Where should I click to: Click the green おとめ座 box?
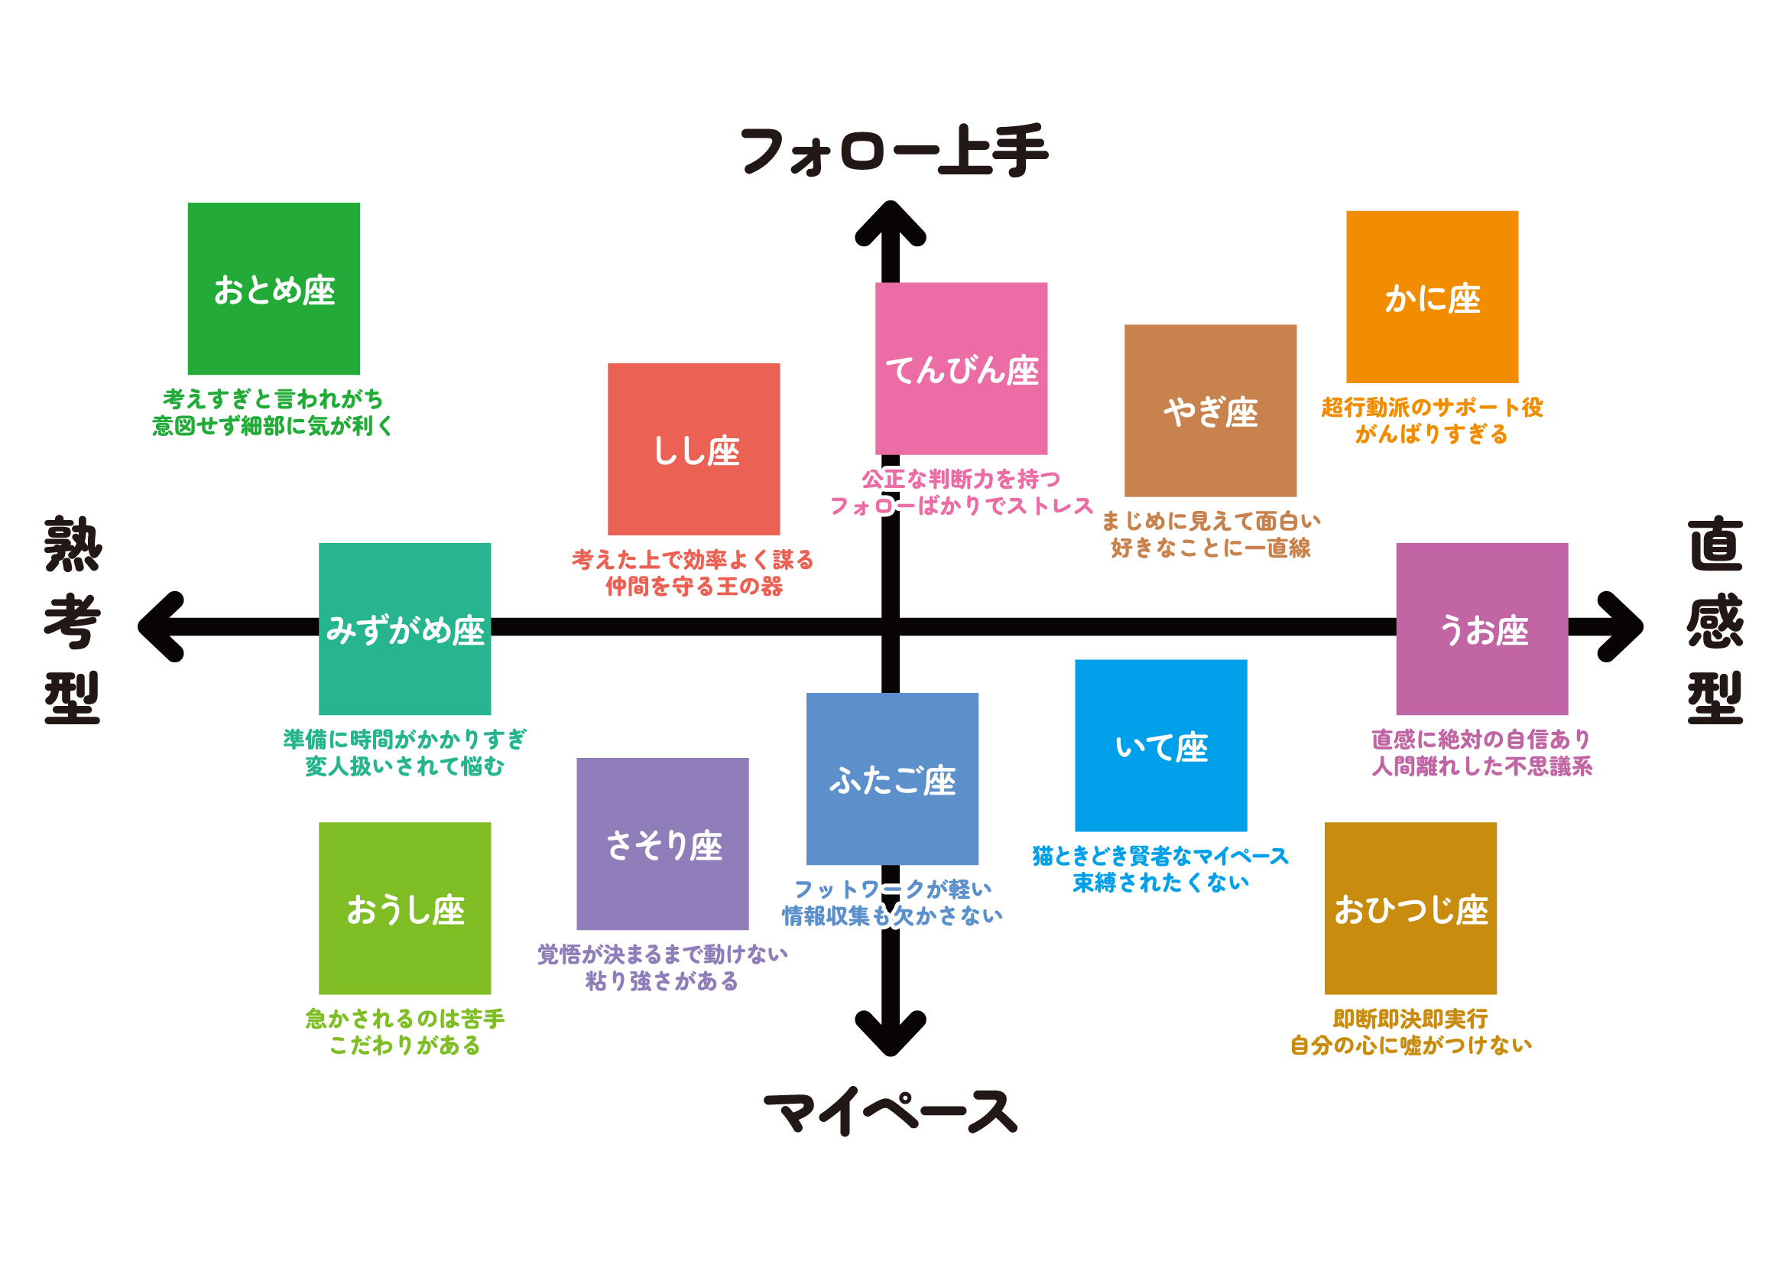pyautogui.click(x=274, y=288)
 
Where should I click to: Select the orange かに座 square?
pyautogui.click(x=1431, y=297)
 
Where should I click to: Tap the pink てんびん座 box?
pyautogui.click(x=960, y=369)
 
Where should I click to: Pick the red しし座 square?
pyautogui.click(x=693, y=449)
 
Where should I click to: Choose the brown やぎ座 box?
pyautogui.click(x=1209, y=411)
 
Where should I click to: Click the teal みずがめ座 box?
pyautogui.click(x=404, y=629)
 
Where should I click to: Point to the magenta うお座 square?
pyautogui.click(x=1481, y=629)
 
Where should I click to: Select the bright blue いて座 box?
pyautogui.click(x=1160, y=746)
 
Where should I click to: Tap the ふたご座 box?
pyautogui.click(x=891, y=778)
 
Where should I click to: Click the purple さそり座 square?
pyautogui.click(x=662, y=844)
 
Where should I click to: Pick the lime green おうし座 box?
pyautogui.click(x=404, y=909)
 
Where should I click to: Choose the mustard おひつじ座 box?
pyautogui.click(x=1410, y=909)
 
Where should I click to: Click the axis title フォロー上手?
pyautogui.click(x=894, y=151)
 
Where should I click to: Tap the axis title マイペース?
pyautogui.click(x=890, y=1111)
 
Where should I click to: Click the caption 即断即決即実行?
pyautogui.click(x=1410, y=1018)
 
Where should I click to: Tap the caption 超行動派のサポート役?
pyautogui.click(x=1431, y=407)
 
